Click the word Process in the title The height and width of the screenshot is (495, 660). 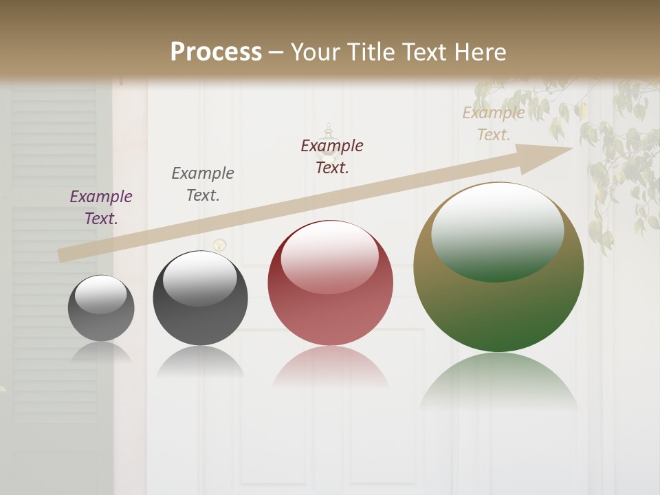216,52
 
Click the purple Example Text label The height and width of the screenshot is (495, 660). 101,208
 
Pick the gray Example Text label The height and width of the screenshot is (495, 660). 203,184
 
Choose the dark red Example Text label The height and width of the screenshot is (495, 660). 332,157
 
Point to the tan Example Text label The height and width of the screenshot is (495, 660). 494,124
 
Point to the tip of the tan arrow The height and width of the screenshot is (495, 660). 571,148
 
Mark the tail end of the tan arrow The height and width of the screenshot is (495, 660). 60,256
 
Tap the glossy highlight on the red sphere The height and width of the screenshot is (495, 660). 330,256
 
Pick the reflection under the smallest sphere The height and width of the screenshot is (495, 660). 101,352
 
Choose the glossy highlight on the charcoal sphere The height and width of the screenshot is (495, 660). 199,278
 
